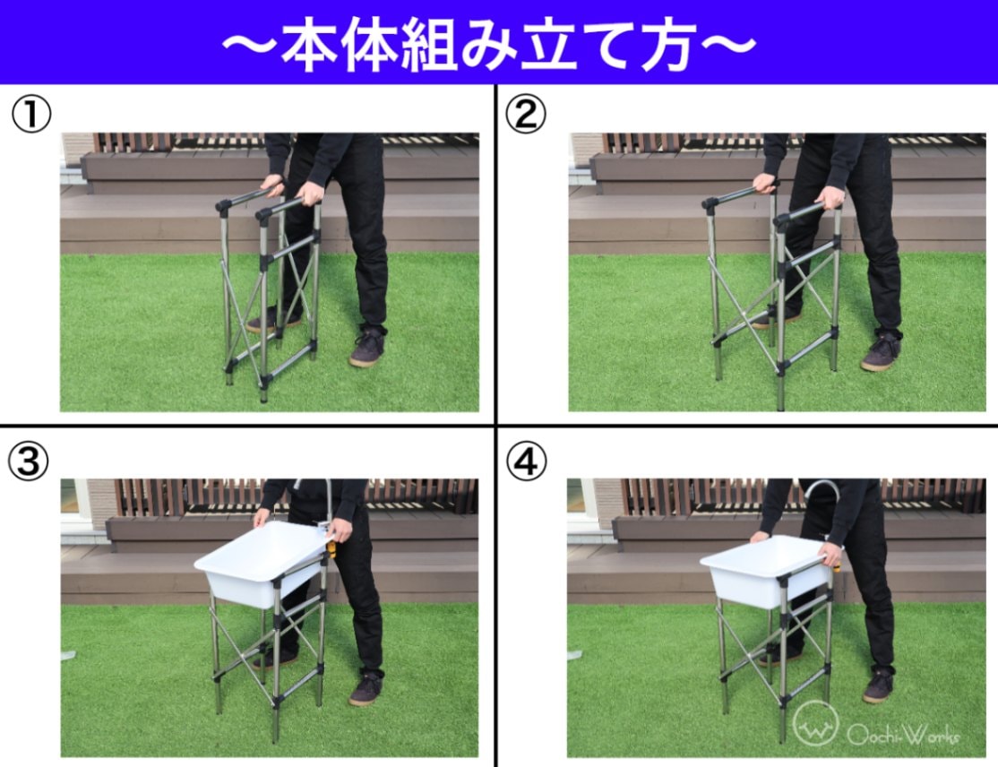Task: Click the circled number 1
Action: pos(31,116)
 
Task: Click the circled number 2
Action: pos(525,114)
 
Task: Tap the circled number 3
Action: pos(28,461)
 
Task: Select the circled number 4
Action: pos(527,461)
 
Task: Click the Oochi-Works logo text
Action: pos(902,736)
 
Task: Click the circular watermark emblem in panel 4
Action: pos(815,723)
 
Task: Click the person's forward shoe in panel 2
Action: pos(881,352)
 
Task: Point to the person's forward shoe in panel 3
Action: pos(366,689)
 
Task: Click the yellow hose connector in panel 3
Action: pos(331,548)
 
